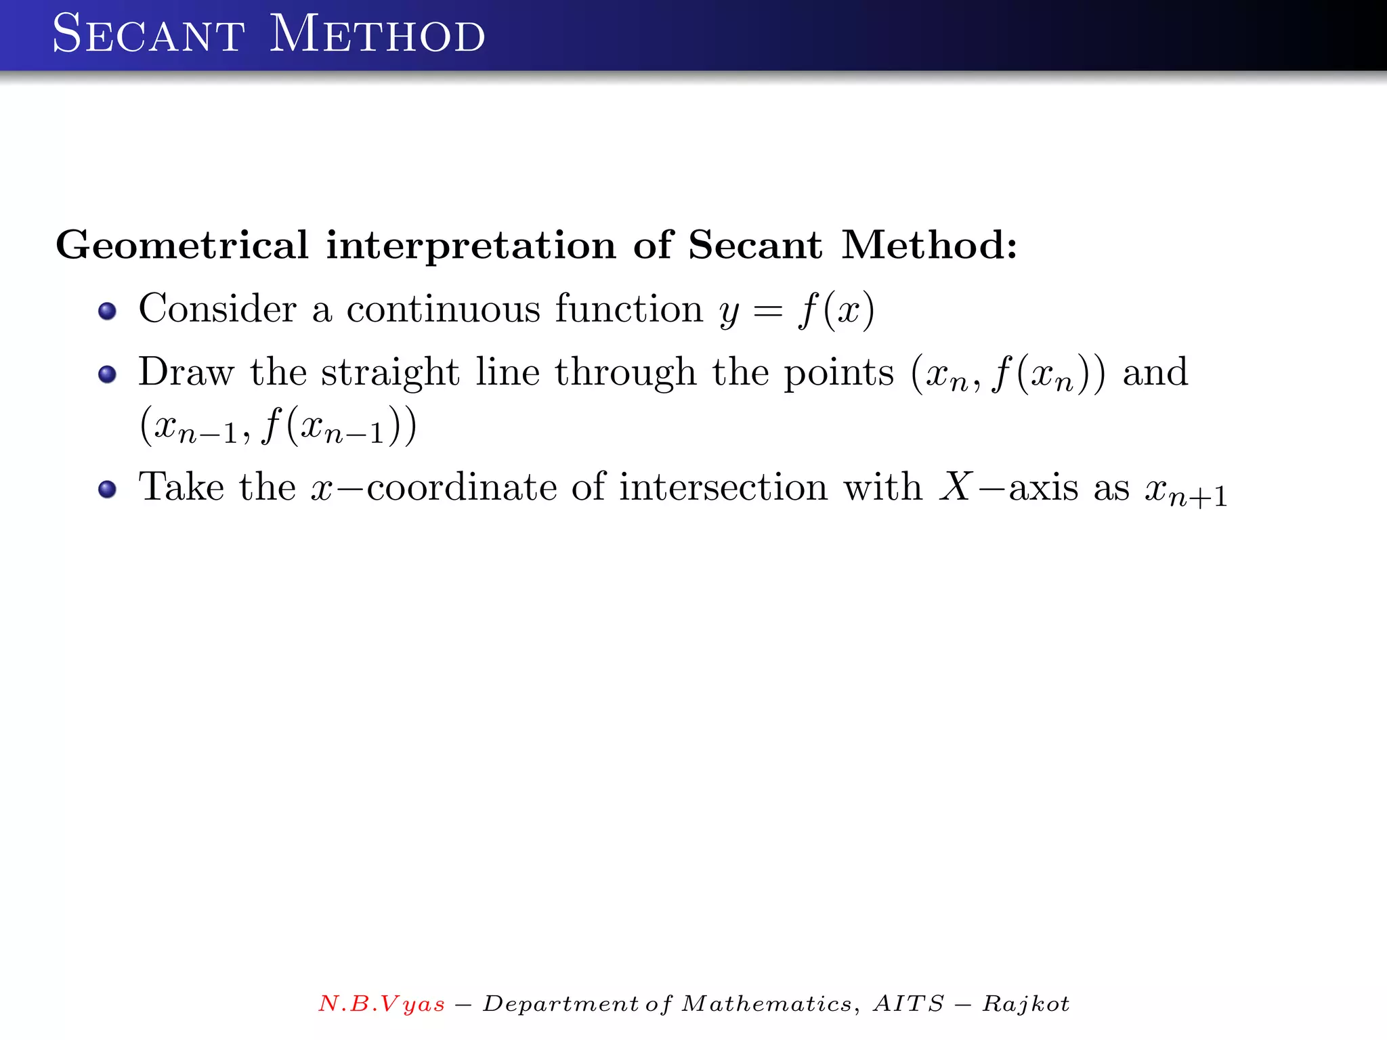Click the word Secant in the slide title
click(148, 35)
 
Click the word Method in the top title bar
click(377, 35)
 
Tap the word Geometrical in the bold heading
click(182, 244)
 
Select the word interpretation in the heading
click(471, 244)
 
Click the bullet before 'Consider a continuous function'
click(107, 311)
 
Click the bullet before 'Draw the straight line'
click(107, 374)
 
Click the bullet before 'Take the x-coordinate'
click(107, 489)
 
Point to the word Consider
click(217, 309)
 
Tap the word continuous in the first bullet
click(443, 309)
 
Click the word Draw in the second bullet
click(186, 372)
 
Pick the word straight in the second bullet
click(390, 373)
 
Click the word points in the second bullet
click(838, 373)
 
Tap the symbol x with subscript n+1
click(1186, 490)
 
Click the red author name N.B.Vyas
click(382, 1003)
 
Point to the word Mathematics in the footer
click(766, 1003)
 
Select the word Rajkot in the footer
click(1026, 1003)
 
